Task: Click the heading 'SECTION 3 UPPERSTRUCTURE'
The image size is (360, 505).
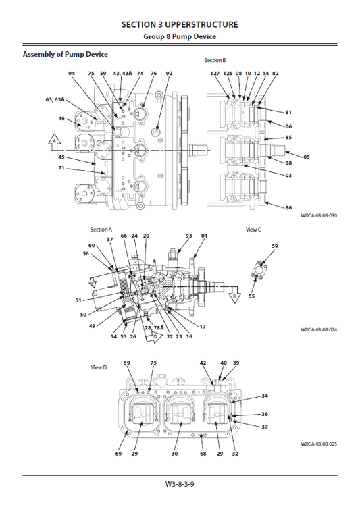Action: pos(180,24)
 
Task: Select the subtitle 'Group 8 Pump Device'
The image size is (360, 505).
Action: pos(180,37)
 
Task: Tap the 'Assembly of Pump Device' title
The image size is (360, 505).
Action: pos(66,55)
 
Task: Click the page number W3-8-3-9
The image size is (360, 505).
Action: pos(180,484)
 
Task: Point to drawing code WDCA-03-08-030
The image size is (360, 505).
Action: pos(318,215)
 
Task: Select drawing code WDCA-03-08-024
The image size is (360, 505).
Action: pos(318,330)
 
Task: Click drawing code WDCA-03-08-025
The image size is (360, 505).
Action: pos(318,444)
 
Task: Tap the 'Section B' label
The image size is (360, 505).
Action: pos(216,61)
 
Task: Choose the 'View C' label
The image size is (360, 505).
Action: pos(253,230)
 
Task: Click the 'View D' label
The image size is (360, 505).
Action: pos(99,367)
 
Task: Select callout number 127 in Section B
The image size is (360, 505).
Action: pos(215,73)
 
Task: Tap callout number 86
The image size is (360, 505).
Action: pos(288,207)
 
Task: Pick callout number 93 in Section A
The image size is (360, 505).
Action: pos(189,236)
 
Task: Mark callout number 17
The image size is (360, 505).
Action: pos(202,327)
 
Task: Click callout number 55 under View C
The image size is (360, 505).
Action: pos(251,296)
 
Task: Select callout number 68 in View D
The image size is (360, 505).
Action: pos(203,454)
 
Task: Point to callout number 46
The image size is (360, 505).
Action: pos(61,119)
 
